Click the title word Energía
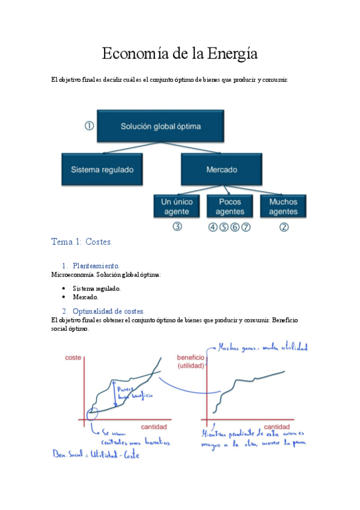click(232, 54)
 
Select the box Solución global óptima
click(160, 126)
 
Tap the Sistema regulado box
click(102, 170)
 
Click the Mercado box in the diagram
click(221, 170)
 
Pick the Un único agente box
click(175, 207)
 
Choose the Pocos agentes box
click(230, 207)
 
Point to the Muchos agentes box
click(283, 207)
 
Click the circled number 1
click(90, 126)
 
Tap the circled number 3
click(177, 227)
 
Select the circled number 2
click(284, 227)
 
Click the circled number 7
click(245, 227)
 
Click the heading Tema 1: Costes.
click(82, 242)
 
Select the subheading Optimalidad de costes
click(108, 311)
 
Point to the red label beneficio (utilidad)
click(191, 361)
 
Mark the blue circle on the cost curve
click(92, 414)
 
